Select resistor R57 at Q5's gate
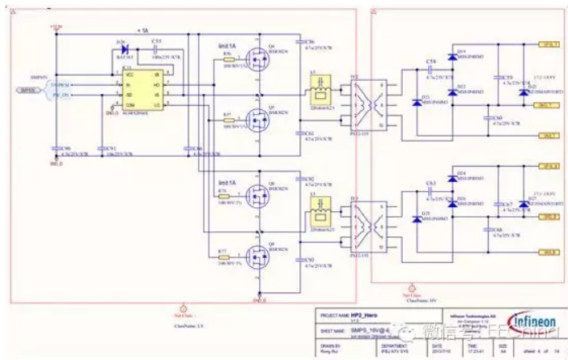[x=231, y=121]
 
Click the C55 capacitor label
[x=155, y=40]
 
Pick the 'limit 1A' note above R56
[x=225, y=46]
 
